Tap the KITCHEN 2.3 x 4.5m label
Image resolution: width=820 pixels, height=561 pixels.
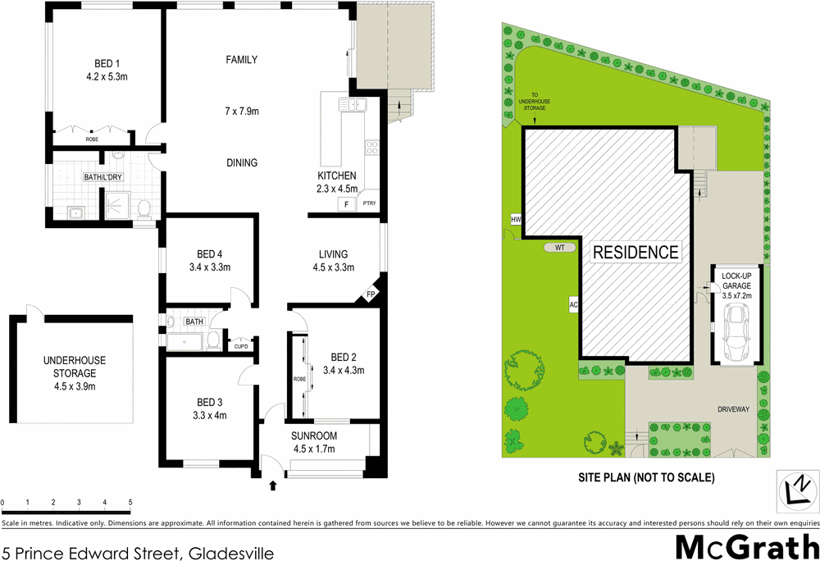click(337, 182)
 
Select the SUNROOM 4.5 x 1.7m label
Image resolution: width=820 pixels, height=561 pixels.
click(314, 442)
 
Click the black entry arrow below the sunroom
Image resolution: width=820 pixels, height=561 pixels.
click(273, 487)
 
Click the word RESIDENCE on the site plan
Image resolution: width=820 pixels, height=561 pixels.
click(636, 252)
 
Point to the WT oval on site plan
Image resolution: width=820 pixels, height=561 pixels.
click(560, 247)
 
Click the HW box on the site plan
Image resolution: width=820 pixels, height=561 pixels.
click(516, 220)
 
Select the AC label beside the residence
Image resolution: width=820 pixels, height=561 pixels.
click(574, 305)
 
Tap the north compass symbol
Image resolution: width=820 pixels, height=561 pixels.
click(795, 492)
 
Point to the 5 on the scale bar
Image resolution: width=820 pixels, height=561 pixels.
click(130, 501)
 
